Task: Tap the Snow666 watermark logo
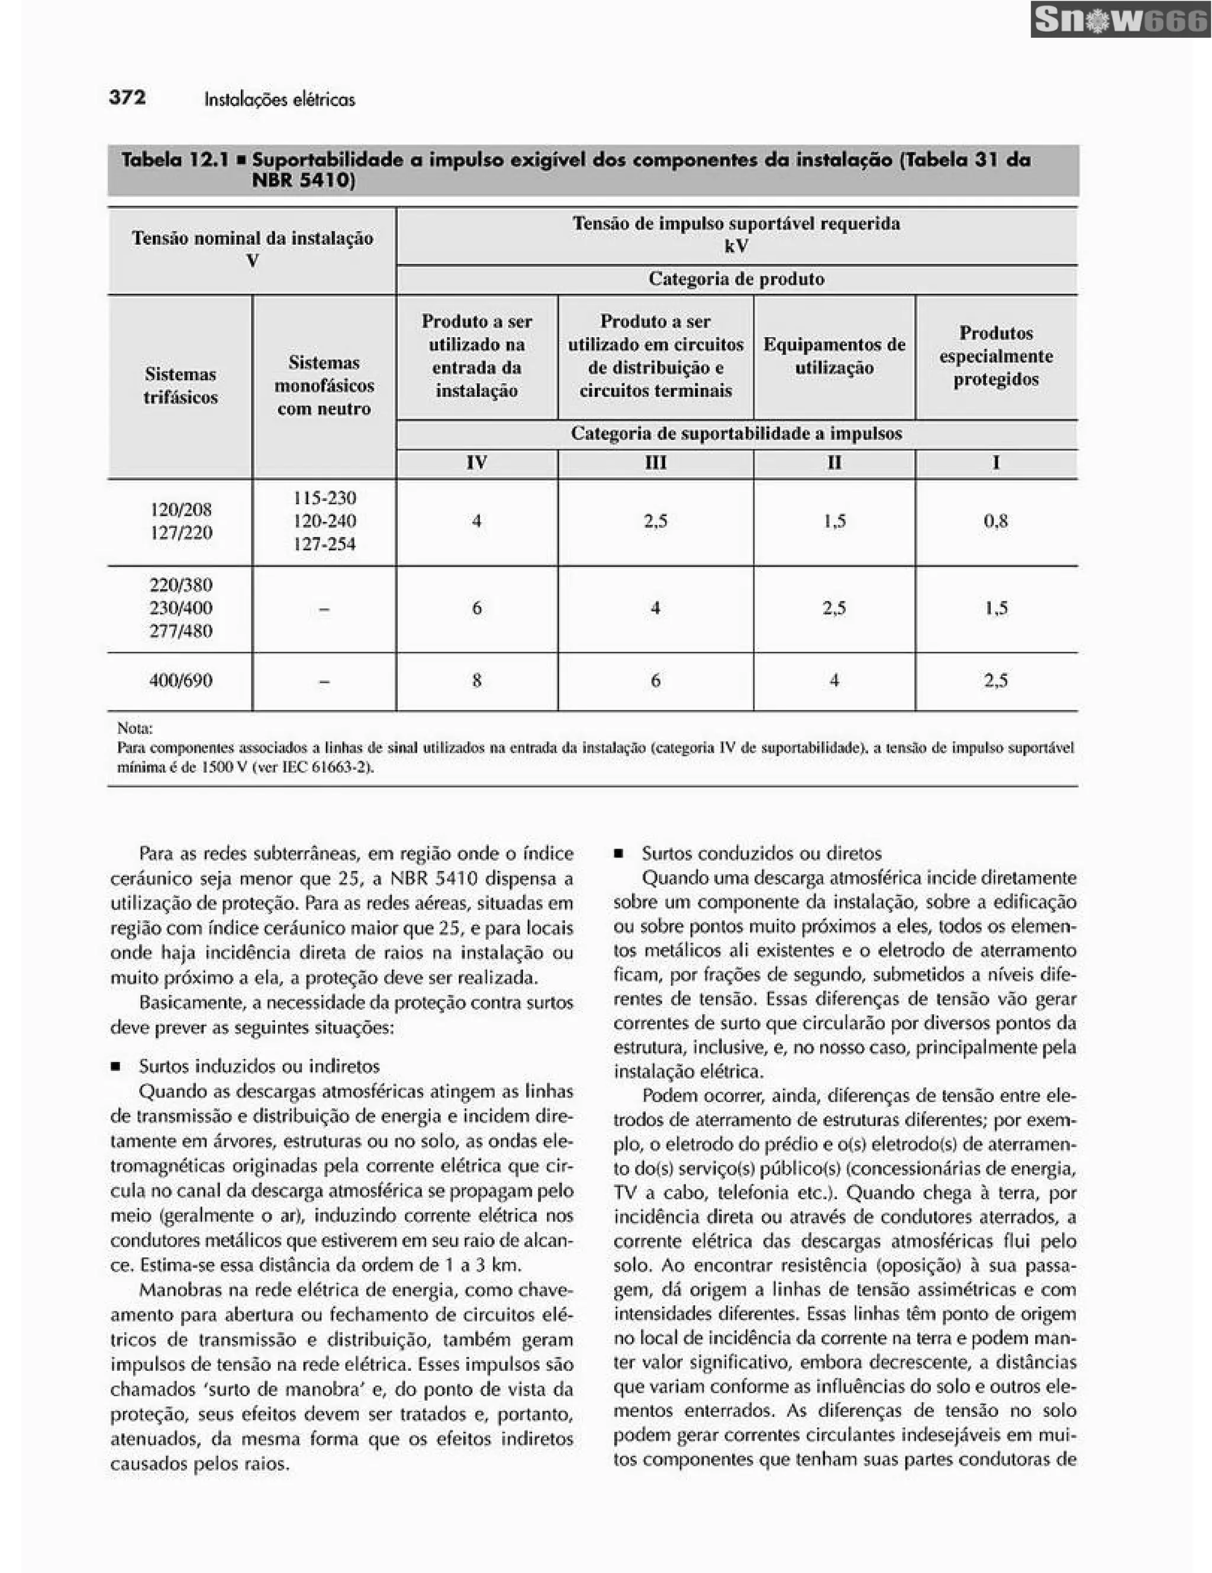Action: coord(1120,20)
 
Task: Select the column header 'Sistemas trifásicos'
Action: coord(180,386)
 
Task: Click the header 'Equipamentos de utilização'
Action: coord(834,356)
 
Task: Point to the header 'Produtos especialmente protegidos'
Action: coord(995,356)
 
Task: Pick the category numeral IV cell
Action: coord(476,462)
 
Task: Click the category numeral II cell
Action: coord(834,462)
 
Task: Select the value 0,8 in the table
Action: coord(995,521)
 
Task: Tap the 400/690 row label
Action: coord(180,681)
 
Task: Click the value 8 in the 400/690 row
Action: coord(476,681)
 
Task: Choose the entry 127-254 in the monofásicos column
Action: coord(324,545)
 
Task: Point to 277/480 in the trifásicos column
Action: coord(180,632)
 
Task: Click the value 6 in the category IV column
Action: coord(476,609)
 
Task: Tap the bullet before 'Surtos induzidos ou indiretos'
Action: coord(115,1067)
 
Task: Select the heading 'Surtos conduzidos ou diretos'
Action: coord(761,853)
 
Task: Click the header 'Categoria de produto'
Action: coord(736,279)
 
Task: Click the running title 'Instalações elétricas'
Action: coord(279,99)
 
